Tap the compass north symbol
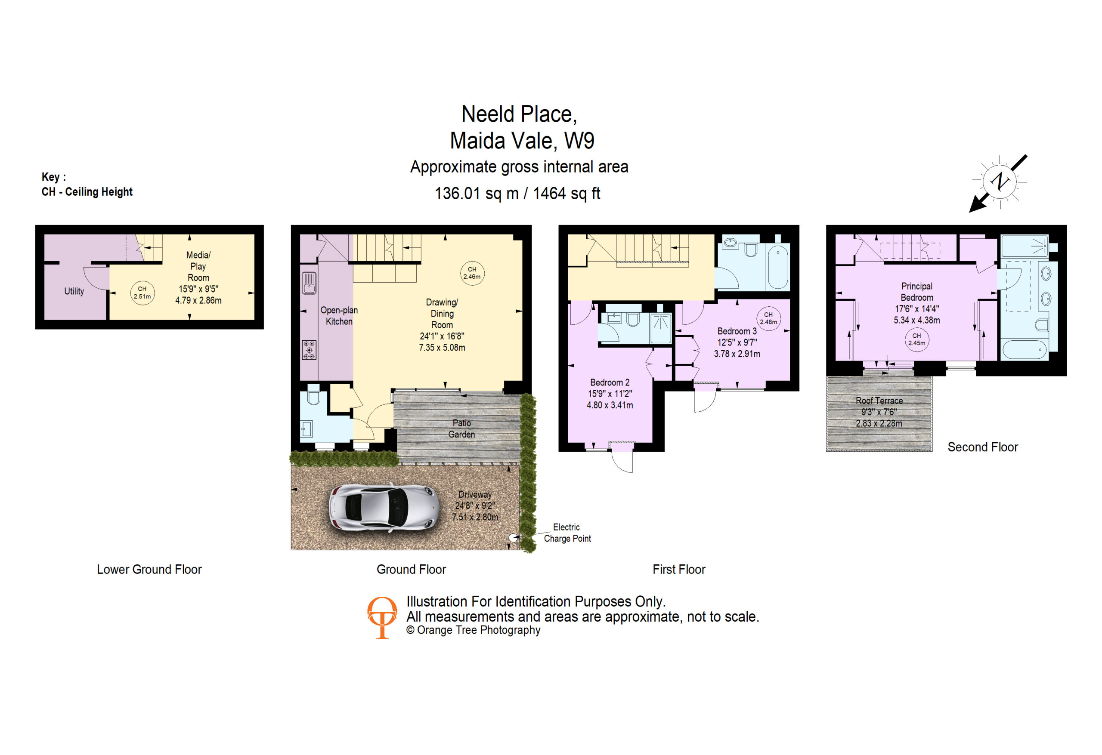tap(999, 182)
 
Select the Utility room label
tap(74, 291)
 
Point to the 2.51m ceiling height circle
tap(142, 293)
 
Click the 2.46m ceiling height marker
tap(472, 273)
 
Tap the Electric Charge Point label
tap(567, 533)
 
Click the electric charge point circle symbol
tap(513, 537)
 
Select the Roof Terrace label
tap(879, 401)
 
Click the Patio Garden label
tap(461, 428)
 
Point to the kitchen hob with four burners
tap(309, 350)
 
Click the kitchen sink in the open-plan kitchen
tap(309, 283)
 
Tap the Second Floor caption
tap(982, 447)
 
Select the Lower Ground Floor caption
tap(149, 569)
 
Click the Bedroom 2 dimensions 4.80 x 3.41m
tap(610, 405)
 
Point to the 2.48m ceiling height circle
tap(768, 318)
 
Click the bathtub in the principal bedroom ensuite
tap(1024, 350)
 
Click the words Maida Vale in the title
tap(503, 141)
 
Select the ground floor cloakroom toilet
tap(313, 395)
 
